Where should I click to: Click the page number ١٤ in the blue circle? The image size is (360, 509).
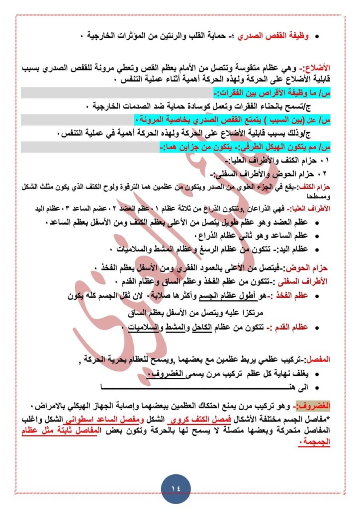click(180, 485)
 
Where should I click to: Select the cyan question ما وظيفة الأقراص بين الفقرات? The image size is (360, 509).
click(269, 93)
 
